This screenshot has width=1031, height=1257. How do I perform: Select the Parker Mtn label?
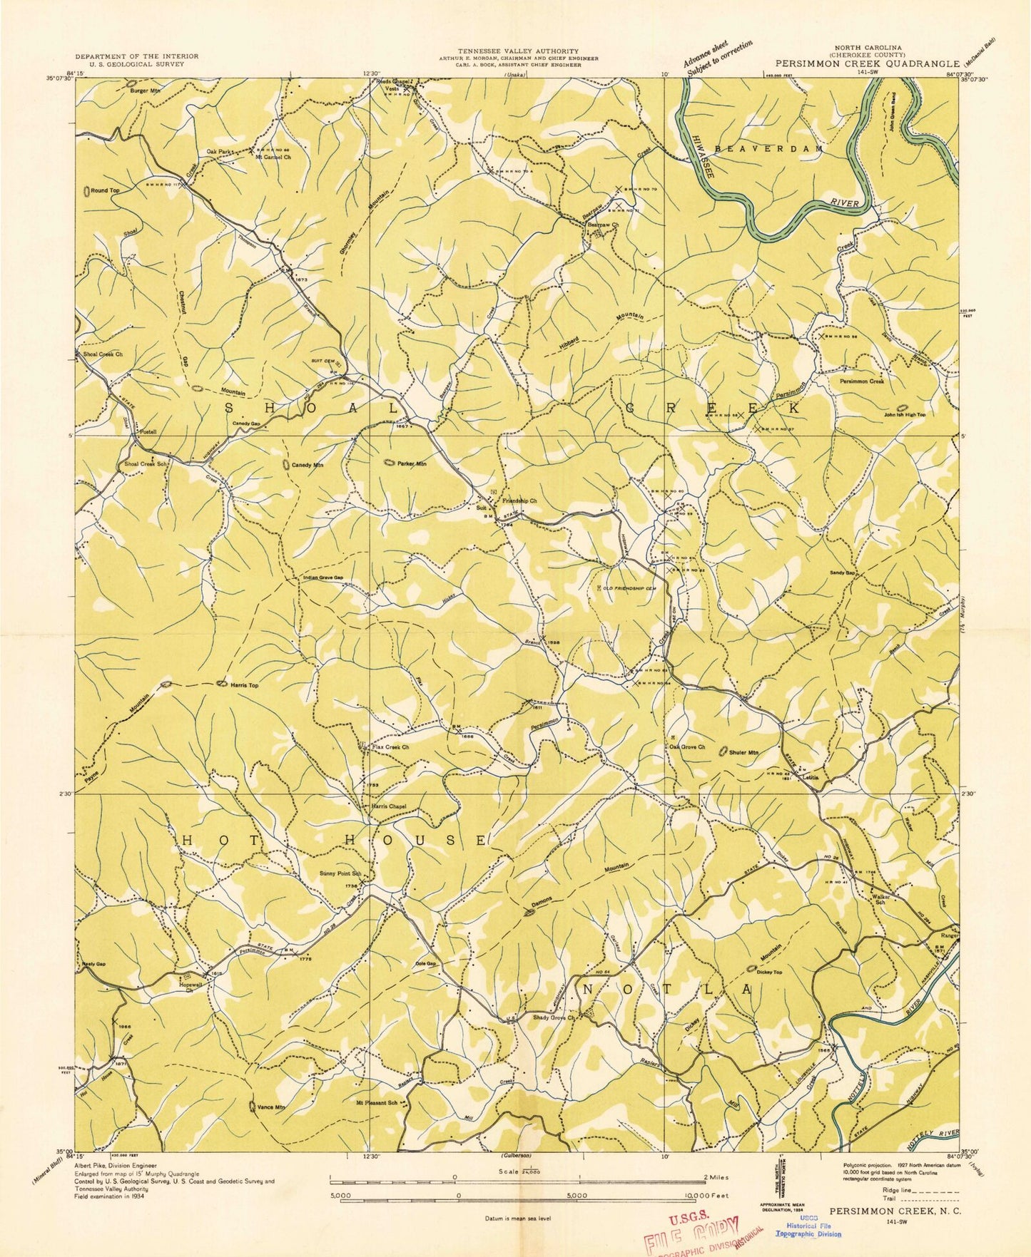pos(412,463)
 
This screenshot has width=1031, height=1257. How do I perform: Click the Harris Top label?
pos(244,684)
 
